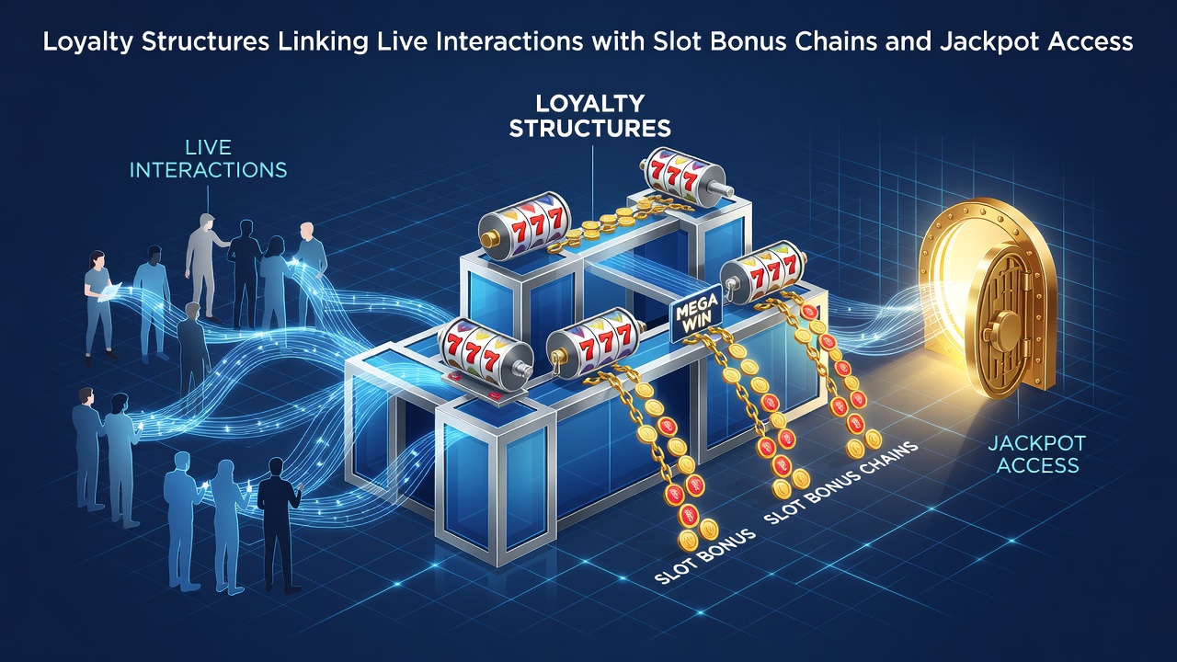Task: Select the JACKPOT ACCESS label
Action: click(x=1036, y=454)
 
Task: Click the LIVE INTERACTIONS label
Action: click(x=208, y=158)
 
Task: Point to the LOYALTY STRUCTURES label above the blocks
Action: click(x=589, y=116)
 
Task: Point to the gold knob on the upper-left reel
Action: click(x=489, y=240)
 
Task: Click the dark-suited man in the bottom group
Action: click(x=278, y=524)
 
